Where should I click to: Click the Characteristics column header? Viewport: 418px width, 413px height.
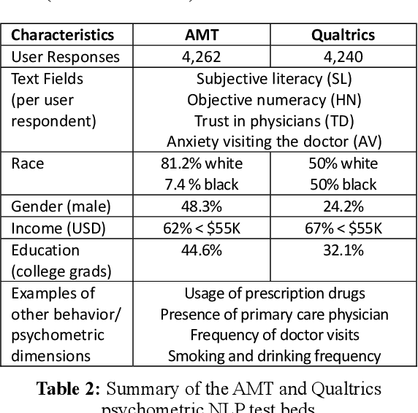62,34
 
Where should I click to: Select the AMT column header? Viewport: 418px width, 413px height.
201,34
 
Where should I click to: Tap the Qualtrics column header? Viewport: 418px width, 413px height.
343,34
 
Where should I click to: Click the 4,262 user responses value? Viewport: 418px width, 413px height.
201,55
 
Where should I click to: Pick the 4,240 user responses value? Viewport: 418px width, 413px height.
343,55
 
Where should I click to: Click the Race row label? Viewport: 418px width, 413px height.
28,163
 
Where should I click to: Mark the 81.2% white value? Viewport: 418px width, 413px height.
201,163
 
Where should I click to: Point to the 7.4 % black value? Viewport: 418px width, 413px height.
201,184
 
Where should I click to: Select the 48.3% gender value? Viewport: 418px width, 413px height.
201,206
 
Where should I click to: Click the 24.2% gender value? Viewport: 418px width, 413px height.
343,206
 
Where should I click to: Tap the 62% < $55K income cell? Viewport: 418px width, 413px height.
201,228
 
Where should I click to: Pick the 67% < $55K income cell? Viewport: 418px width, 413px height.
343,228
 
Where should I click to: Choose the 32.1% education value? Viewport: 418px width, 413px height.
343,250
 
